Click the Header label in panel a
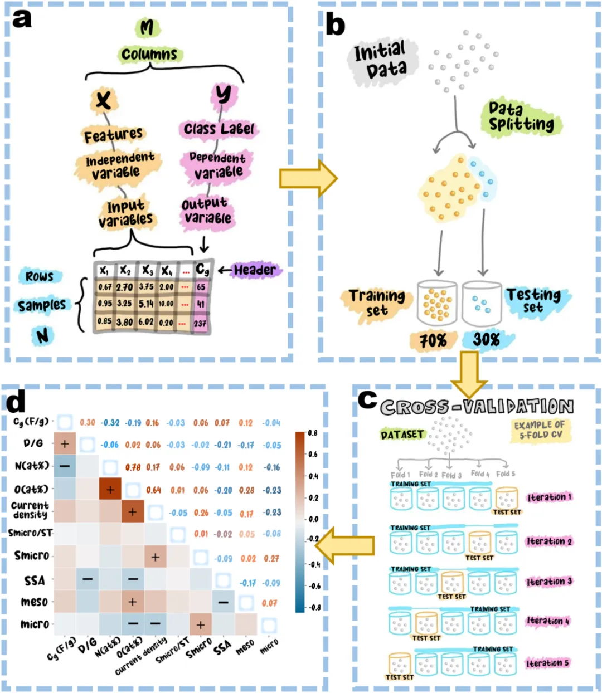[x=255, y=270]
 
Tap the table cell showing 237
[x=200, y=324]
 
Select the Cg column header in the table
[x=202, y=270]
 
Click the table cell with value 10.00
[x=166, y=304]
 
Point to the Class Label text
[x=219, y=129]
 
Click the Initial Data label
[x=380, y=60]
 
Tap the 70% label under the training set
[x=433, y=340]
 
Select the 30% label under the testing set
[x=486, y=339]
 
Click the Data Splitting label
[x=521, y=117]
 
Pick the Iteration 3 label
[x=549, y=582]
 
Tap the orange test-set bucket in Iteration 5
[x=400, y=664]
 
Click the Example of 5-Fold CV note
[x=540, y=430]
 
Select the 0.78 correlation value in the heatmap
[x=133, y=467]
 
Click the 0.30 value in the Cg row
[x=88, y=423]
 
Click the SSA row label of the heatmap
[x=35, y=581]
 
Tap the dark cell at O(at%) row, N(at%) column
[x=110, y=489]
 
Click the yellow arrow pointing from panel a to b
[x=308, y=178]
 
